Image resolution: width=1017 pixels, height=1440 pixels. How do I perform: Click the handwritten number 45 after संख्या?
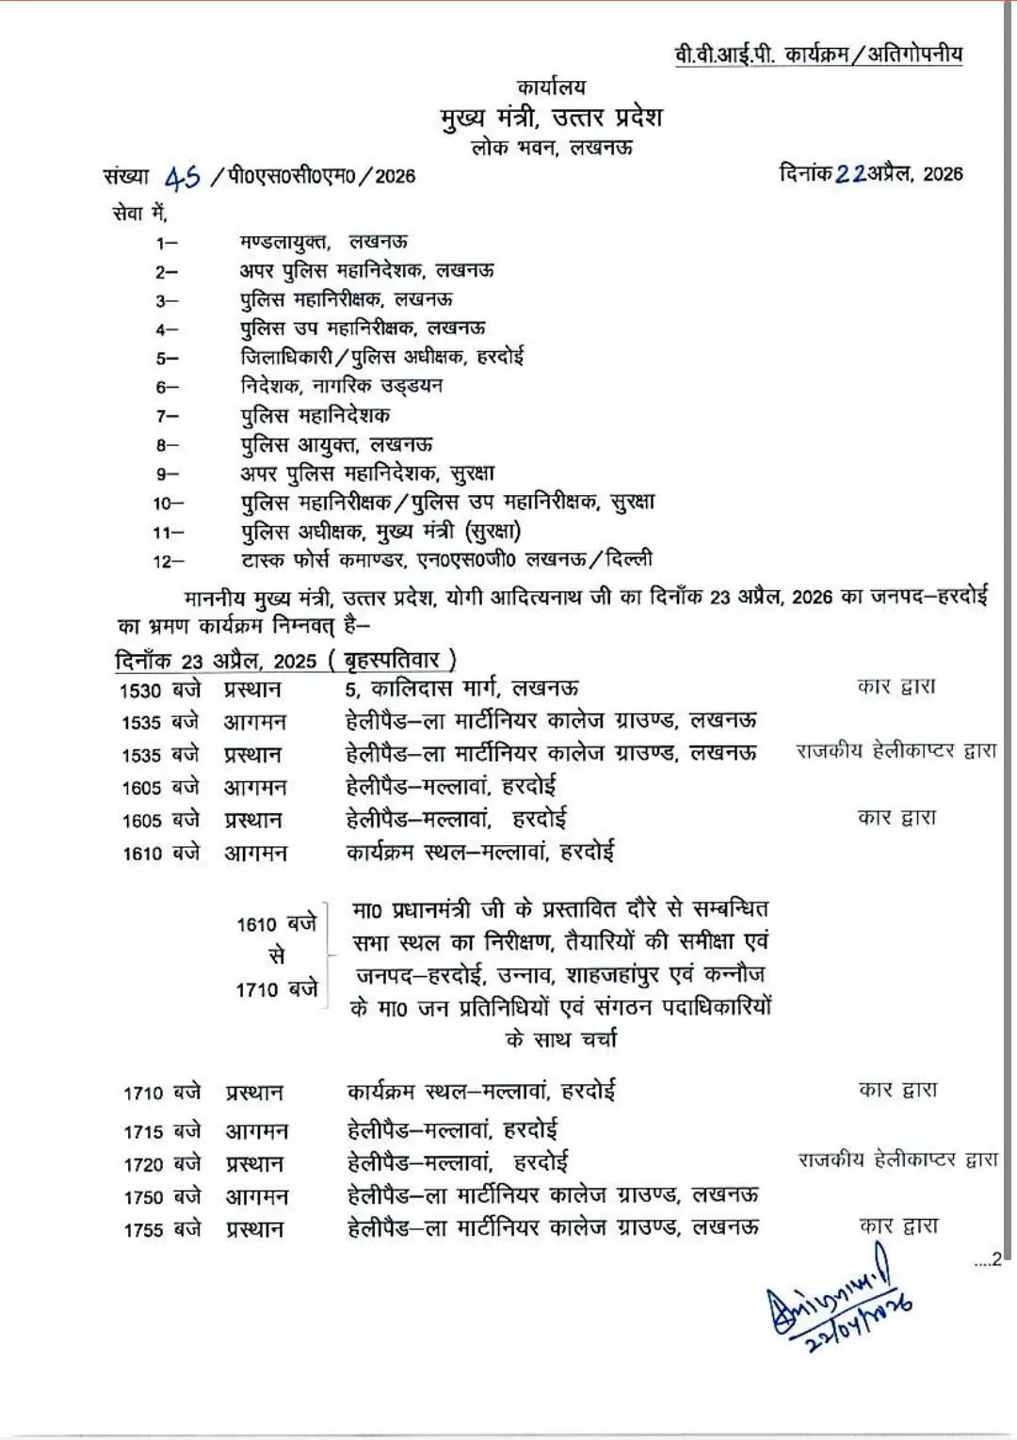184,176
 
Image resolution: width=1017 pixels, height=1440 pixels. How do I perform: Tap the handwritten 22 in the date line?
850,173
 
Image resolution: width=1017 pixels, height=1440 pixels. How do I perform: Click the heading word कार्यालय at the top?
551,88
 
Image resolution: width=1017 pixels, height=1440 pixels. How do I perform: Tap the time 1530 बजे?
160,690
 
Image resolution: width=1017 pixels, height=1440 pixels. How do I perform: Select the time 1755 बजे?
162,1229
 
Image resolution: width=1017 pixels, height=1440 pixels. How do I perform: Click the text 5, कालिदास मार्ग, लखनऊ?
461,689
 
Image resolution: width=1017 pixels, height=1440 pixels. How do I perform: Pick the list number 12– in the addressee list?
169,562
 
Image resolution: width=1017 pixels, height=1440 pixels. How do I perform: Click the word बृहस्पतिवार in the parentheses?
392,660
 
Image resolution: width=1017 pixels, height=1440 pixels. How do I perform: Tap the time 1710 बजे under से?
277,989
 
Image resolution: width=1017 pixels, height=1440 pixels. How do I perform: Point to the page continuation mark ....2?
987,1260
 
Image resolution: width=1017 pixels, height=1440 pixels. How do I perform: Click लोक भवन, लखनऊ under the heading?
552,147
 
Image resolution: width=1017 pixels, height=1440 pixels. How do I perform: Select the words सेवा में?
139,214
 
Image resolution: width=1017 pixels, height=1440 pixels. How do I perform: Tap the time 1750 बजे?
162,1196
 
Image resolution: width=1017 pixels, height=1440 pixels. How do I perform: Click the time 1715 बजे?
162,1130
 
